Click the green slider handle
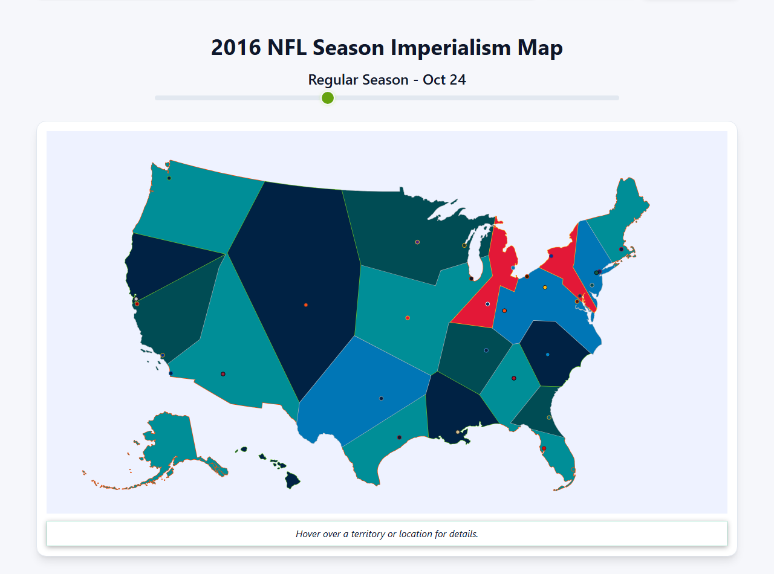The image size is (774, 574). (328, 98)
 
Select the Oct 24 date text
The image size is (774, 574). (444, 80)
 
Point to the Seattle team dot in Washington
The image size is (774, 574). (169, 178)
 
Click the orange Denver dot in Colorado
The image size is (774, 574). (306, 305)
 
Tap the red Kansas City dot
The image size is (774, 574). (408, 318)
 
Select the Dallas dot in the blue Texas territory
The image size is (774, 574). (381, 398)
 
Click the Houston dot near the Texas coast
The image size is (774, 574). (399, 437)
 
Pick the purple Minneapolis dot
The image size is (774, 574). (417, 242)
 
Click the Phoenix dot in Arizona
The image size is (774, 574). (223, 374)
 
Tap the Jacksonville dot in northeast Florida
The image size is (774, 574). (549, 418)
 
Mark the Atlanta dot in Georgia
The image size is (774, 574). (514, 378)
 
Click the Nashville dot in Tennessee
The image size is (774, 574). (486, 350)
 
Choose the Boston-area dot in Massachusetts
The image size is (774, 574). (621, 249)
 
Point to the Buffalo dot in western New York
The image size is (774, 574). (551, 256)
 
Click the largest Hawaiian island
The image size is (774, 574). (293, 481)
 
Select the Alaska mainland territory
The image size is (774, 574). (169, 441)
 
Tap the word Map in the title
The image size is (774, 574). (539, 48)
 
